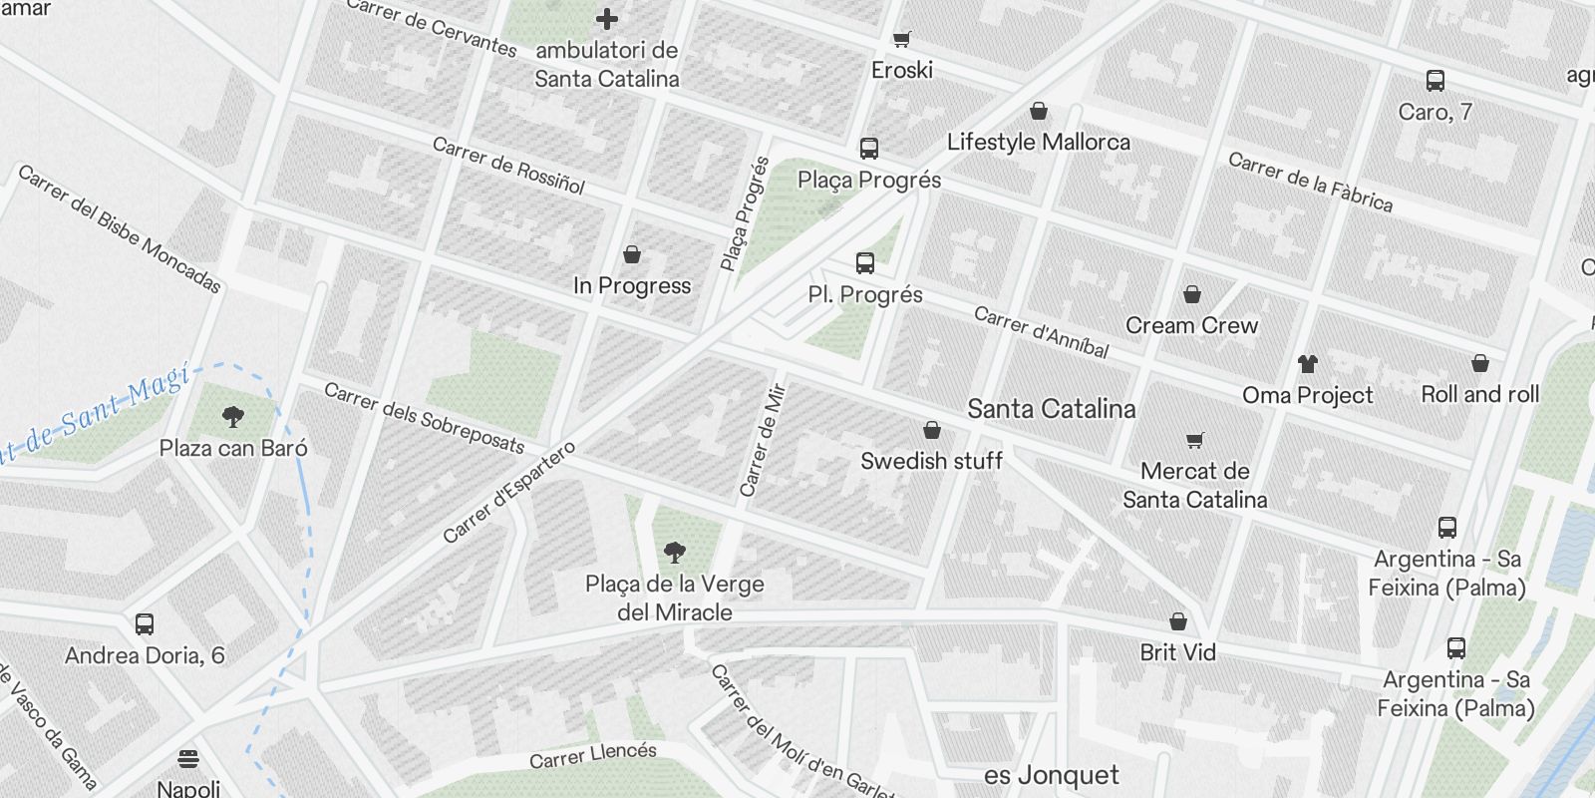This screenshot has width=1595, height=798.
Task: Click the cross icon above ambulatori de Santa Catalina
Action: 606,19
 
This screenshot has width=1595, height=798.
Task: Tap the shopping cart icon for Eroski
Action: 902,39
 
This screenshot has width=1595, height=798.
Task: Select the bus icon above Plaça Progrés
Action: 869,149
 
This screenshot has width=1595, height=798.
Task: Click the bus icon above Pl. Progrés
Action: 865,263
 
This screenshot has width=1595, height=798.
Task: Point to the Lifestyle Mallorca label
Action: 1039,142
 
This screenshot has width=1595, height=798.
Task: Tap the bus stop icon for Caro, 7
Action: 1435,81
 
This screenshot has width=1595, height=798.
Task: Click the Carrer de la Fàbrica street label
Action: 1310,182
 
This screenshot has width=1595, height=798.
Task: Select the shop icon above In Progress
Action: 632,254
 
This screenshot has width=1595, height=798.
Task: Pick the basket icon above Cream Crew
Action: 1192,294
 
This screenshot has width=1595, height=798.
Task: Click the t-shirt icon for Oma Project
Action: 1307,364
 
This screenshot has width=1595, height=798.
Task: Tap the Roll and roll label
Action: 1480,394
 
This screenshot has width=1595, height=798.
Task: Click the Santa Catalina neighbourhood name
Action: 1052,409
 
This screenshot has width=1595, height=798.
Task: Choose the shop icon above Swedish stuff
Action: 932,430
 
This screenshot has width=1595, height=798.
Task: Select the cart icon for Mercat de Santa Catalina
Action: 1195,440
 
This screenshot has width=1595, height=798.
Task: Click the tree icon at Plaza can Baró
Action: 234,416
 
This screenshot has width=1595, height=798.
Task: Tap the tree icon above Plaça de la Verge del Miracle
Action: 675,552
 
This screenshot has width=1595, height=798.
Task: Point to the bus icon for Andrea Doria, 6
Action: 145,624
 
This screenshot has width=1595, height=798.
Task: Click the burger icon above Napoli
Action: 188,759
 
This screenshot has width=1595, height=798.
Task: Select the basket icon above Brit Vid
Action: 1178,621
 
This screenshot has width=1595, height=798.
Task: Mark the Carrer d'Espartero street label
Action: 508,492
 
